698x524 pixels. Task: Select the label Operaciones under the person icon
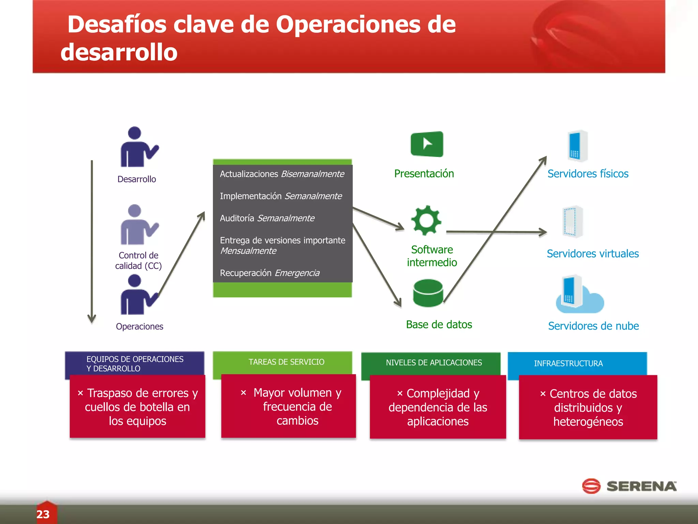[139, 326]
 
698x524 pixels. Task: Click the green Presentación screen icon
[427, 144]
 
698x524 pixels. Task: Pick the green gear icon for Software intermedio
[426, 220]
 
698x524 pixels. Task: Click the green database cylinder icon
[428, 293]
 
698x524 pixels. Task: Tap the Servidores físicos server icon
[577, 146]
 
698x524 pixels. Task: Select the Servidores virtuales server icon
[572, 222]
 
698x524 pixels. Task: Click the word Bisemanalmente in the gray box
[313, 174]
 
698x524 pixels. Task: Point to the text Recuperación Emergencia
[270, 273]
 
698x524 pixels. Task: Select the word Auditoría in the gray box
[237, 218]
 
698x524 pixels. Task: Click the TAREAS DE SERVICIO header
[286, 362]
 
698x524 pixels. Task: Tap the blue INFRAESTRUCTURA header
[568, 363]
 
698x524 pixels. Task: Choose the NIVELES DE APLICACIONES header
[434, 363]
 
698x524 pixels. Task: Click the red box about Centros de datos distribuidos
[588, 407]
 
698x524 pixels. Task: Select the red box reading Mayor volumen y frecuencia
[288, 406]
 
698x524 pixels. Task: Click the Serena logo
[629, 486]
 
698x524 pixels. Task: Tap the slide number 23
[43, 514]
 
